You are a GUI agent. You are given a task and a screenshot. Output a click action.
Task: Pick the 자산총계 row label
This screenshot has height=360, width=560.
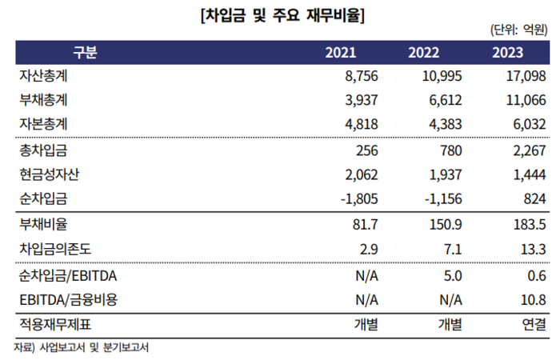tap(43, 76)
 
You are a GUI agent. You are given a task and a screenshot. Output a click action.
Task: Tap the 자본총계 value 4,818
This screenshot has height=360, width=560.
tap(360, 125)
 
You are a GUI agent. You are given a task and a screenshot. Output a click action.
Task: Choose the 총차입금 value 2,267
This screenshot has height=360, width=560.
tap(527, 150)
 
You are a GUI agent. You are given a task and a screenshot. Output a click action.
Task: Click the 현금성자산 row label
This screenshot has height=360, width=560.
tap(49, 174)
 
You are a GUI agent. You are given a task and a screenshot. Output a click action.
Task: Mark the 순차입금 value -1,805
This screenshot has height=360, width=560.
tap(357, 199)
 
